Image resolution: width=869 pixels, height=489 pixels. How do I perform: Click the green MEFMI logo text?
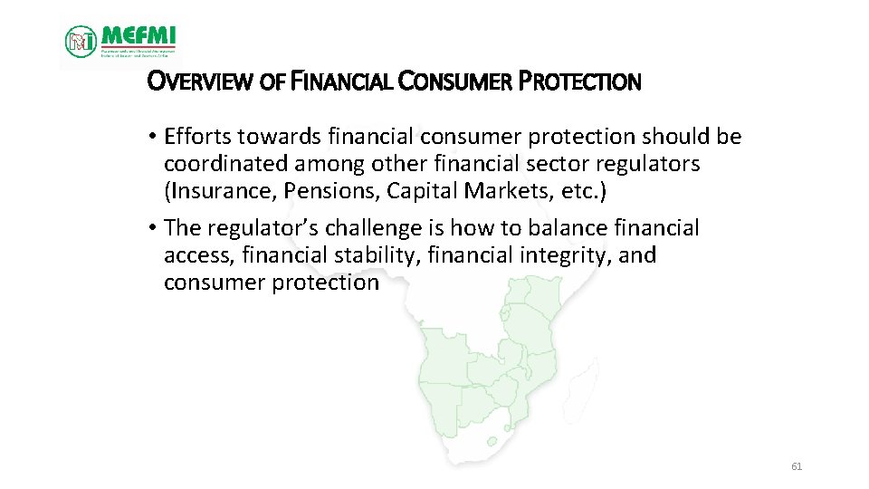[138, 35]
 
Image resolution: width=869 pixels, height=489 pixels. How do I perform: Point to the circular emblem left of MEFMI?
[81, 41]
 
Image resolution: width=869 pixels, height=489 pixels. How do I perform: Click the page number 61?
[797, 466]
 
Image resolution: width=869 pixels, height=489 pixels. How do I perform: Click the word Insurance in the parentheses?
[212, 191]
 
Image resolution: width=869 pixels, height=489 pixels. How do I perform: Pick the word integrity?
[564, 254]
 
